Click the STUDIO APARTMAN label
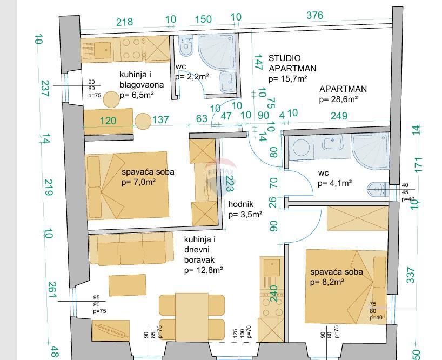pyautogui.click(x=292, y=63)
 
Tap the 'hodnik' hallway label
pyautogui.click(x=238, y=204)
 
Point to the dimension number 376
pyautogui.click(x=314, y=16)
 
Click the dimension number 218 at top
pyautogui.click(x=125, y=22)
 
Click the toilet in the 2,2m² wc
pyautogui.click(x=186, y=47)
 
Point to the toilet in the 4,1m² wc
pyautogui.click(x=375, y=189)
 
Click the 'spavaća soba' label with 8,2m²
pyautogui.click(x=336, y=272)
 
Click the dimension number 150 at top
pyautogui.click(x=203, y=19)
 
